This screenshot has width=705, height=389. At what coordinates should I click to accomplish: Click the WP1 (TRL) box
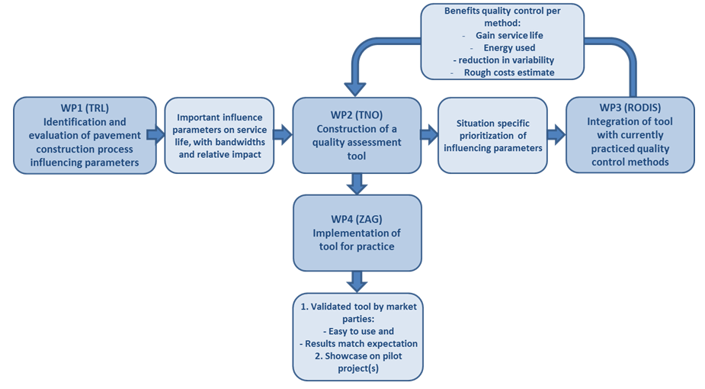click(85, 135)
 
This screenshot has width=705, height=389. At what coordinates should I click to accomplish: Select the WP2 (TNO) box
click(357, 135)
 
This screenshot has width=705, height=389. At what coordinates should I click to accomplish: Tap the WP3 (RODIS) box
click(630, 135)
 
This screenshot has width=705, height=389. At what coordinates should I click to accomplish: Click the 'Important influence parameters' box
click(220, 135)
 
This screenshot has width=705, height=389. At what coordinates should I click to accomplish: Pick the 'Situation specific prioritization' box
click(492, 135)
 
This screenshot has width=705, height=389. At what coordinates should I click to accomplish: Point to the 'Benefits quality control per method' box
click(503, 41)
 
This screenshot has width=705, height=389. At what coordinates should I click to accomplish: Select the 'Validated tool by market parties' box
click(357, 337)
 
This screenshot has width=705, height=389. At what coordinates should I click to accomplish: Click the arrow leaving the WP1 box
click(156, 135)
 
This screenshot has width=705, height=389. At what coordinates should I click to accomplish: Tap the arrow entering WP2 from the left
click(283, 135)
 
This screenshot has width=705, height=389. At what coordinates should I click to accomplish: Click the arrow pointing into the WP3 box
click(556, 135)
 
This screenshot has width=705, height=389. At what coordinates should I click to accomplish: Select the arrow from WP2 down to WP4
click(357, 184)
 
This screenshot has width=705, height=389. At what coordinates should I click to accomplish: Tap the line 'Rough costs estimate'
click(508, 72)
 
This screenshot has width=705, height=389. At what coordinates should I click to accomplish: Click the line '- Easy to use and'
click(357, 331)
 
